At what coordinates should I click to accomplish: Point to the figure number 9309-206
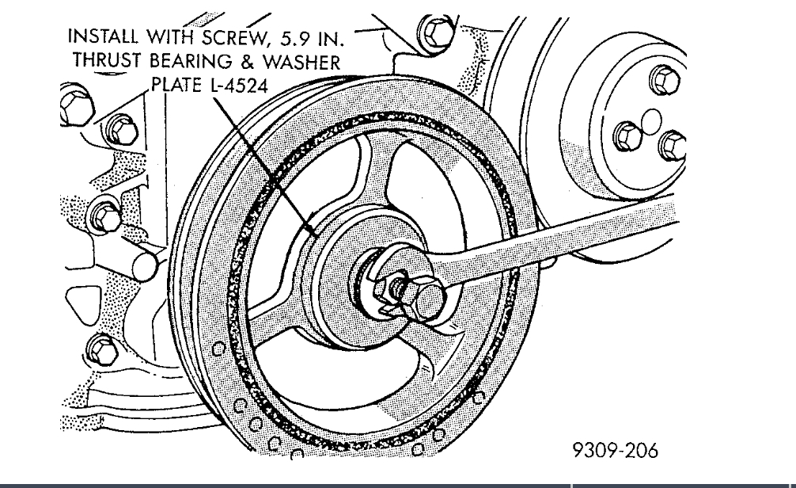615,451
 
